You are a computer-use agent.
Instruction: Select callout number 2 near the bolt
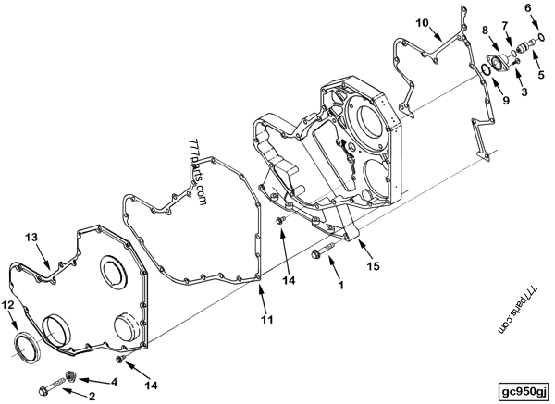click(x=92, y=397)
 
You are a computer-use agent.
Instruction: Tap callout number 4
click(x=114, y=381)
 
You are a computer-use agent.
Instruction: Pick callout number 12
click(x=8, y=304)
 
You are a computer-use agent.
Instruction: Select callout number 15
click(x=373, y=267)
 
